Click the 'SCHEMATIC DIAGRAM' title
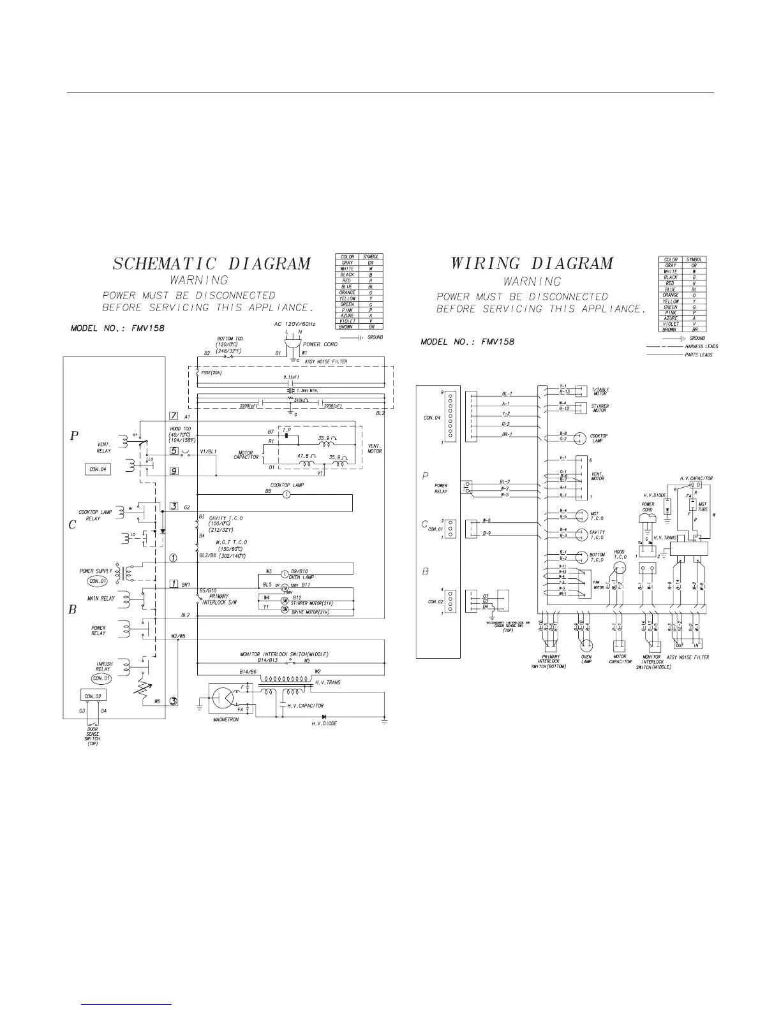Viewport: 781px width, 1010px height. (212, 263)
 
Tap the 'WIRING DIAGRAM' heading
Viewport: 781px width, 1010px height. (532, 263)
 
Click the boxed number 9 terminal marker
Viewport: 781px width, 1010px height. (174, 471)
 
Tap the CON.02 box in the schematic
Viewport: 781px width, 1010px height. (89, 695)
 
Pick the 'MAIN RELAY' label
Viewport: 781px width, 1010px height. (101, 599)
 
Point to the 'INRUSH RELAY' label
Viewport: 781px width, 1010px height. (103, 667)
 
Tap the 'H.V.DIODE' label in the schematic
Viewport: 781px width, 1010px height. (324, 724)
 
